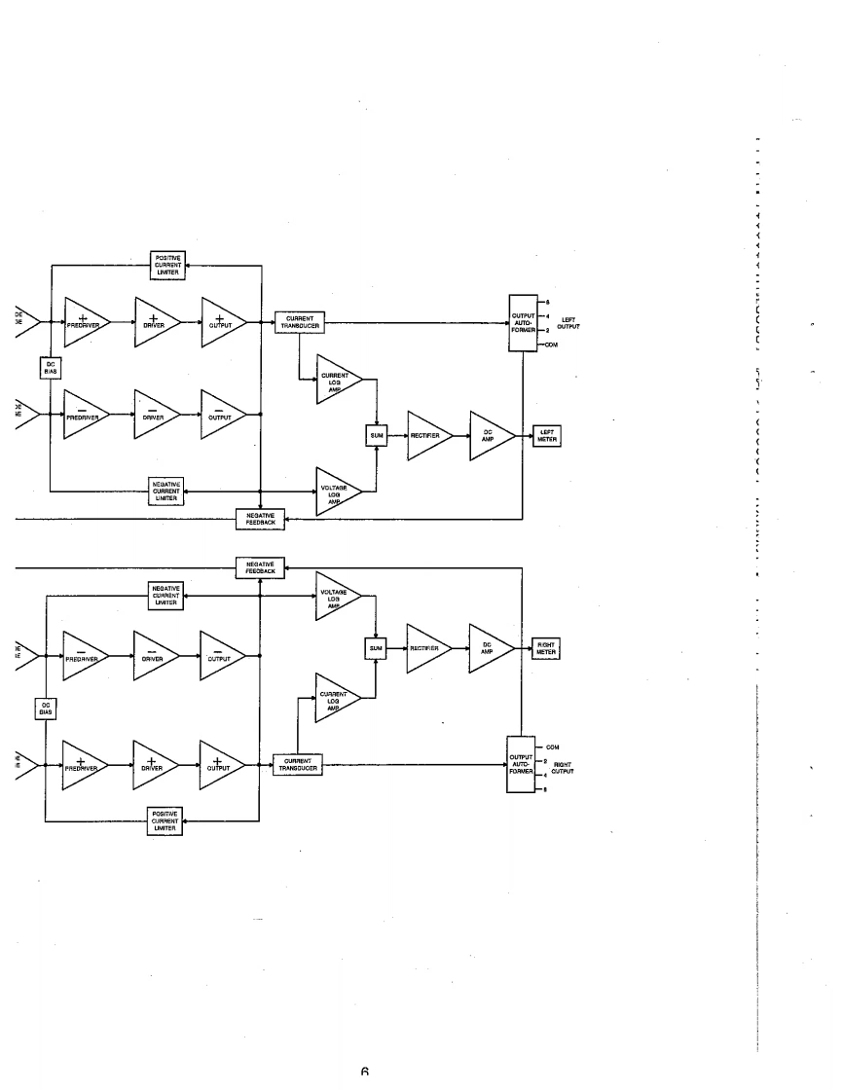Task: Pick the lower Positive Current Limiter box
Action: point(165,819)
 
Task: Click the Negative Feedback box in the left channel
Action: point(260,519)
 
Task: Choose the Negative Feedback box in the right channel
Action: point(260,567)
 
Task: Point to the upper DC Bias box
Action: point(51,367)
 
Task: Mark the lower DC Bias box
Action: point(46,709)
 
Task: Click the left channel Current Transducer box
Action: point(300,321)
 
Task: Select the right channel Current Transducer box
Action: point(297,765)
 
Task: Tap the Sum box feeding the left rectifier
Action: point(377,435)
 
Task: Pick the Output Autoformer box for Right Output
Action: point(522,765)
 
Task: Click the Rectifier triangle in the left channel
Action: point(424,435)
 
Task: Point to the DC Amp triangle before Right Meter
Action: point(487,647)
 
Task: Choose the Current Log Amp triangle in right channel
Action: point(334,698)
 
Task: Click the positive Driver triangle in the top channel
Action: point(155,321)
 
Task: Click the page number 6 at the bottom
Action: point(364,1073)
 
